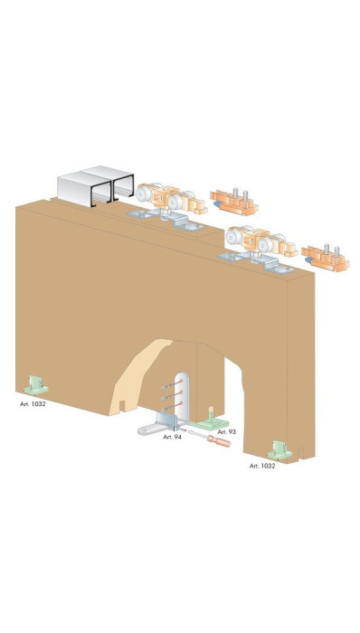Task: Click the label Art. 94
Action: tap(173, 437)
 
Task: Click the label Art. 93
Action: tap(226, 432)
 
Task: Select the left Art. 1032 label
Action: tap(33, 403)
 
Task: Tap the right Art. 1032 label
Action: tap(262, 466)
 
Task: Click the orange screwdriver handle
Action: tap(219, 441)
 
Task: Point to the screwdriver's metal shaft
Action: tap(197, 434)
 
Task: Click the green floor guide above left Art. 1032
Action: tap(36, 385)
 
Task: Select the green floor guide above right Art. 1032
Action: tap(279, 450)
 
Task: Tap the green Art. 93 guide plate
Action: tap(209, 421)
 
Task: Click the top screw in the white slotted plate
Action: tap(172, 384)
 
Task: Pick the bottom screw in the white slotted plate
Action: tap(172, 406)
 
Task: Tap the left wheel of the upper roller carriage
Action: tap(143, 194)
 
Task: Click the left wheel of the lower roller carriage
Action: tap(232, 237)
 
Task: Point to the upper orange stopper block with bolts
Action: tap(234, 202)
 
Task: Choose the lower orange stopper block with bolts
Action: tap(326, 258)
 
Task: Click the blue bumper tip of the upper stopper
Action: tap(217, 204)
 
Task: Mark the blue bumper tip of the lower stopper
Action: tap(308, 260)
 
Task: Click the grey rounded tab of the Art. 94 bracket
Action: tap(147, 429)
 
